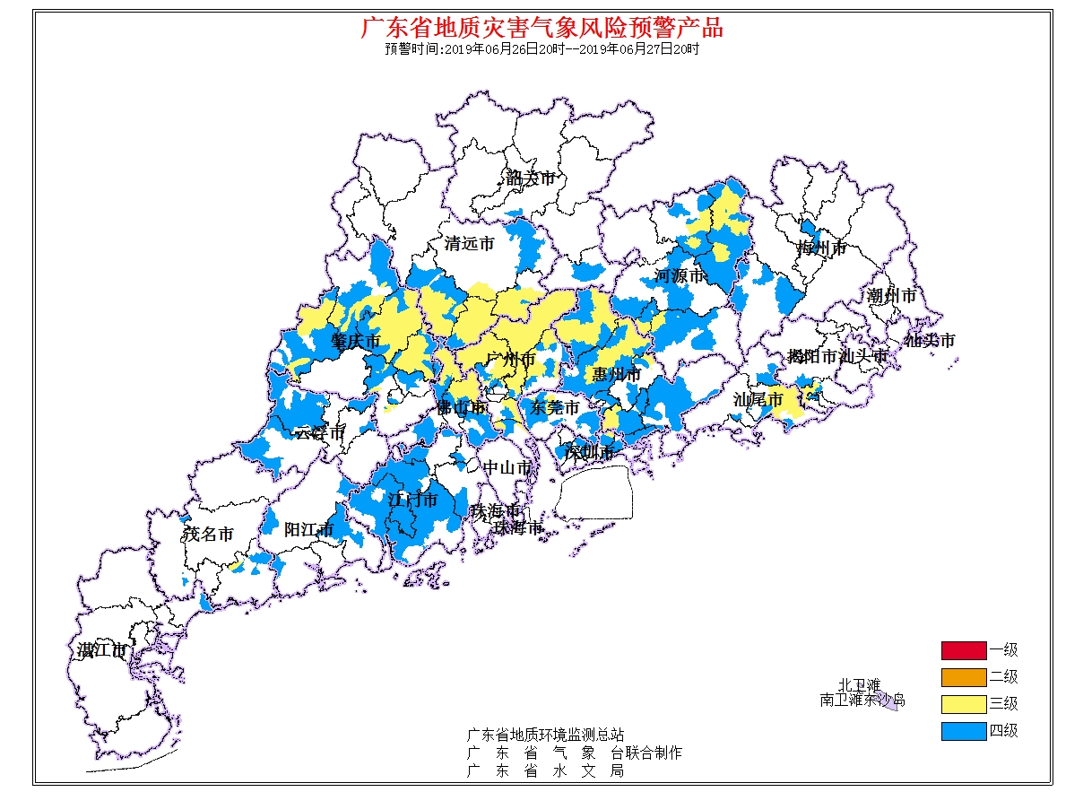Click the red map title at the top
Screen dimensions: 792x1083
(541, 27)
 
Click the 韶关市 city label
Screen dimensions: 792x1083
(530, 178)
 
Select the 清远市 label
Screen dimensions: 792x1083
(469, 243)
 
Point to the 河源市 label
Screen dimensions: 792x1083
(680, 276)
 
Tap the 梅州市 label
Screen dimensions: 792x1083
(822, 248)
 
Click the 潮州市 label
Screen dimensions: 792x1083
(891, 295)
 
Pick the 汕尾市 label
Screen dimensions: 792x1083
(758, 399)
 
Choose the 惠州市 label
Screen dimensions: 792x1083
(616, 374)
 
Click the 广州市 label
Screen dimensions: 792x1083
(510, 360)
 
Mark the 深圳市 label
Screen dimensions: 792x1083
(589, 451)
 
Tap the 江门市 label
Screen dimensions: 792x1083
(412, 500)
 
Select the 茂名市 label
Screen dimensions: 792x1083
(209, 535)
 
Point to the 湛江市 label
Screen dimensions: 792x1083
(101, 650)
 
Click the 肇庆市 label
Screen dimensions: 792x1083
(355, 342)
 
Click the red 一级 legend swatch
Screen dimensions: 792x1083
(963, 650)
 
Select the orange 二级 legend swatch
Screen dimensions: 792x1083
(963, 677)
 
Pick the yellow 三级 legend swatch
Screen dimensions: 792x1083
(963, 704)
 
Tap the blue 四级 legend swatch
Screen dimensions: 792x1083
(963, 731)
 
